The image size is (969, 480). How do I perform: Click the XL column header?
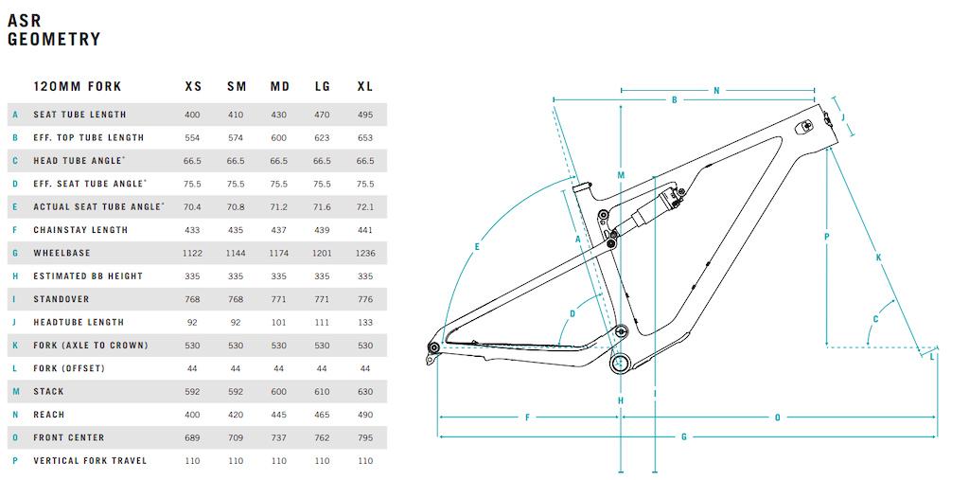(365, 86)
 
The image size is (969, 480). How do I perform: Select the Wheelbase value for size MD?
(279, 253)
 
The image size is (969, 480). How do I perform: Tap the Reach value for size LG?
(322, 415)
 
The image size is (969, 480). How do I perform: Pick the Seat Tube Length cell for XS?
(193, 115)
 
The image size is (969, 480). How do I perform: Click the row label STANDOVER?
(62, 299)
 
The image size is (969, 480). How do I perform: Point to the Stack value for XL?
(365, 392)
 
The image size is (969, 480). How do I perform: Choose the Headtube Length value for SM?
(236, 322)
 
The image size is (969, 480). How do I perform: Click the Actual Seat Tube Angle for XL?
(365, 206)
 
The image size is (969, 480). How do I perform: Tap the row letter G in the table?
(15, 253)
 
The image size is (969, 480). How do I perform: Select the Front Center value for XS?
(193, 438)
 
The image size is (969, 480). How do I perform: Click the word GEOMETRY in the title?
(53, 40)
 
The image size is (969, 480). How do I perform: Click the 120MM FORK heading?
(78, 86)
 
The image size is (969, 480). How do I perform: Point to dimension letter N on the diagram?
(717, 91)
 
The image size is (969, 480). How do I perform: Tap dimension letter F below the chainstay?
(527, 418)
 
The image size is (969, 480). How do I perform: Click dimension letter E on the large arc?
(477, 247)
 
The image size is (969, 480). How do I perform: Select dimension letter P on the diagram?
(826, 236)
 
